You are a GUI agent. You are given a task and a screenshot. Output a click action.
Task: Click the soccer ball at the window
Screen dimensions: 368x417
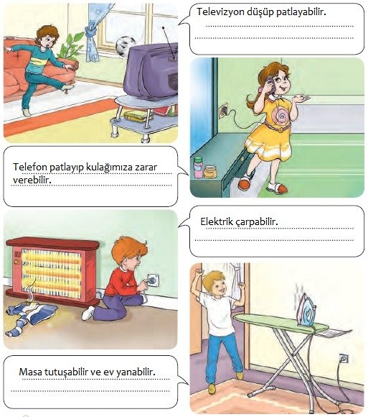pos(126,46)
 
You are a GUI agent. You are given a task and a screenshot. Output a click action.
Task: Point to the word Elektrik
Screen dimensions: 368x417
pos(217,221)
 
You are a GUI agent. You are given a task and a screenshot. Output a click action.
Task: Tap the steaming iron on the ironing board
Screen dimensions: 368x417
pos(308,312)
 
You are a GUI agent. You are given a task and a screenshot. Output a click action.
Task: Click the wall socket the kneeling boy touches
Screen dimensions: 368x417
pos(153,280)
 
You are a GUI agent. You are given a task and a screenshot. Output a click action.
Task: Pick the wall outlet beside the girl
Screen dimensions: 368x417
pos(224,109)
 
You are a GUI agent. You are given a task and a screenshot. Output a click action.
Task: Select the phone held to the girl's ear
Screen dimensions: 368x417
pos(270,82)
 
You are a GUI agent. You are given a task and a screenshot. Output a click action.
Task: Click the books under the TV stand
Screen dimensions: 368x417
pos(138,116)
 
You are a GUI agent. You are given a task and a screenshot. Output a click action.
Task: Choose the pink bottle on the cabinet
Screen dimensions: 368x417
pos(198,167)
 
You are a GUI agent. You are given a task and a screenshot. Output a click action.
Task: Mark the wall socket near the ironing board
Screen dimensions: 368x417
pos(344,359)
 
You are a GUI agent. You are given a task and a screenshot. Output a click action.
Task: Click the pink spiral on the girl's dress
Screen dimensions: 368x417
pos(280,115)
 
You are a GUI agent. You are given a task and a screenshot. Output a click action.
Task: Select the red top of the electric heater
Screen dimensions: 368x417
pos(52,243)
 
